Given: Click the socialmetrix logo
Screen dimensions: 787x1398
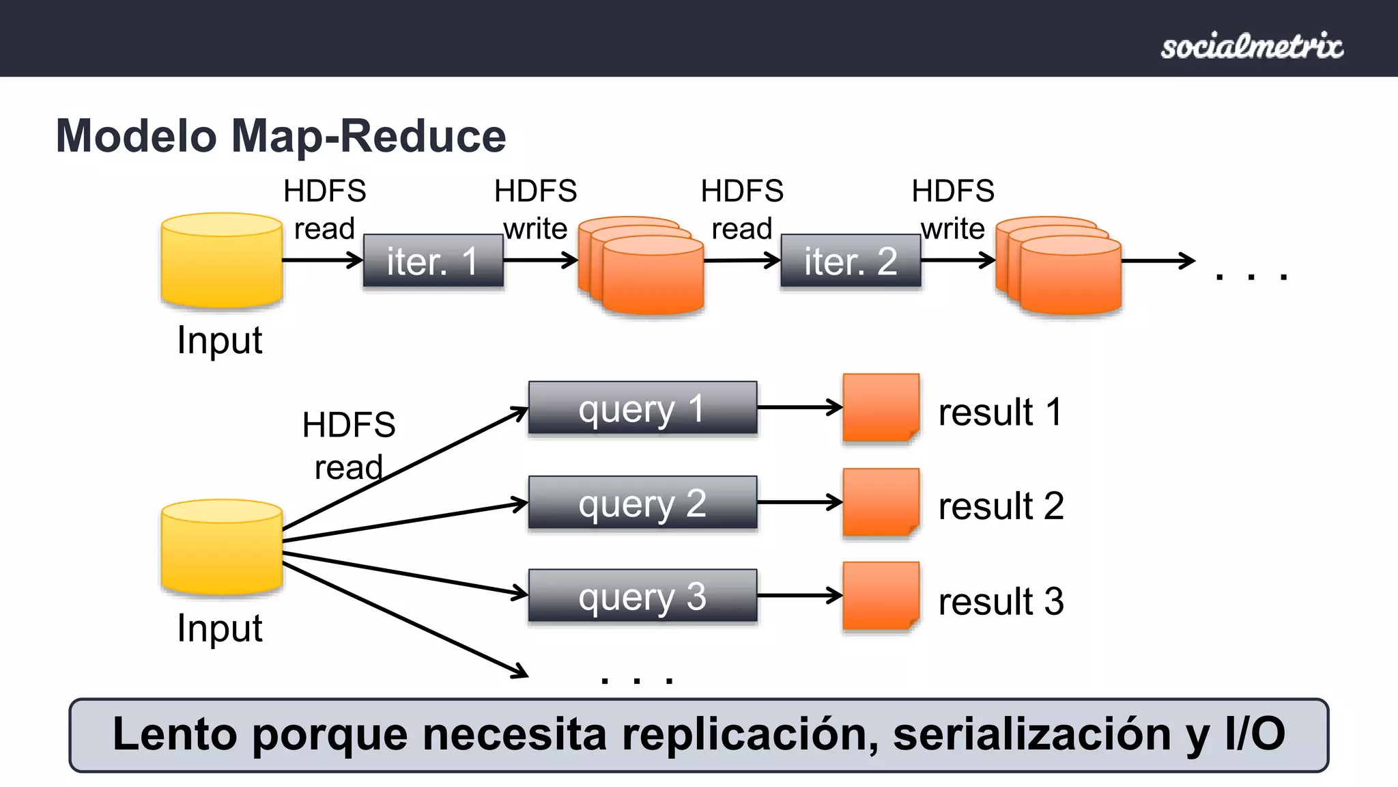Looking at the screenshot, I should [x=1252, y=46].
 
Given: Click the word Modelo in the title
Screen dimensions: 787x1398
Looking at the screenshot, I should [x=137, y=136].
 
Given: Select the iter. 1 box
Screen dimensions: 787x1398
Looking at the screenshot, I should [x=433, y=261].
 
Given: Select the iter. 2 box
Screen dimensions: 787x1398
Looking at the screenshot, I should [x=851, y=261].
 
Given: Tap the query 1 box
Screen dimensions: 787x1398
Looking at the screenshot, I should [x=642, y=408].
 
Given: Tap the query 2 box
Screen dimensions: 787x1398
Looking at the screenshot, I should [x=642, y=503].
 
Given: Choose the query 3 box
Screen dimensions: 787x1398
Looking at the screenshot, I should [x=642, y=596].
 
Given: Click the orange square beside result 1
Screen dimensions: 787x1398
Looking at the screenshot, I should [x=881, y=407].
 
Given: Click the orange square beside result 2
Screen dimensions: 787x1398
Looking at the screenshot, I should [x=881, y=502].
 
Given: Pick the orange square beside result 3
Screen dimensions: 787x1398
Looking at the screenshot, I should [x=881, y=596].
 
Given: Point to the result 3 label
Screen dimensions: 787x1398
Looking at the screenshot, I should [x=1001, y=601].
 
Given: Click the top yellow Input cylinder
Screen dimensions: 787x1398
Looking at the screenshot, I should [x=222, y=261].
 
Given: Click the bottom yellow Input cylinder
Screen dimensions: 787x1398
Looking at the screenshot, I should [x=222, y=548].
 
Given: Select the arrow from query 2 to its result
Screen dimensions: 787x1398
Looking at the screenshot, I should [x=799, y=503].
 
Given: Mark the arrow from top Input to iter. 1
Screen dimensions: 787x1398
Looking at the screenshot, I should [x=321, y=260].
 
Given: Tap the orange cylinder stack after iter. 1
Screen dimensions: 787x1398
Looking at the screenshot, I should [x=642, y=268].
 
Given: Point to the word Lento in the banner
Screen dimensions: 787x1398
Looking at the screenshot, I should [x=175, y=735].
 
